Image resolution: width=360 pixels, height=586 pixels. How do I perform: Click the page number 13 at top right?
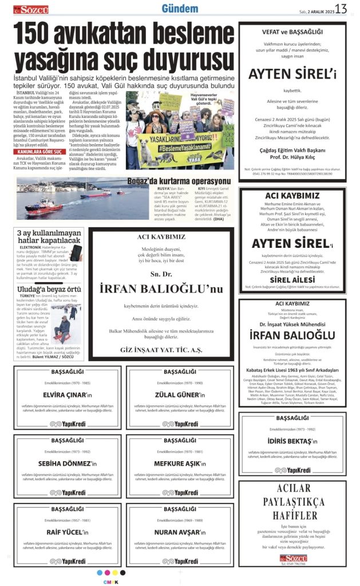click(x=342, y=9)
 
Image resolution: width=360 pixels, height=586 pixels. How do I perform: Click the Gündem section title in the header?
click(x=180, y=9)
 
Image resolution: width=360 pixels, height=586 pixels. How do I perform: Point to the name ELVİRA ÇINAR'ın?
click(x=64, y=395)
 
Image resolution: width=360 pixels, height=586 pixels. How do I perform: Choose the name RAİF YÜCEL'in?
click(x=64, y=532)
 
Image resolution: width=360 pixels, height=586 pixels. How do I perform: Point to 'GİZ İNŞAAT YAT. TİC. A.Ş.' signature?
click(x=153, y=349)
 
